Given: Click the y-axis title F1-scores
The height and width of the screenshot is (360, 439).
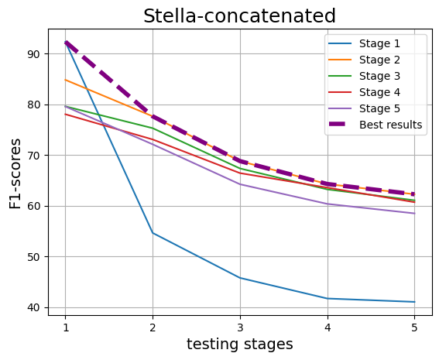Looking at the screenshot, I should pyautogui.click(x=15, y=173).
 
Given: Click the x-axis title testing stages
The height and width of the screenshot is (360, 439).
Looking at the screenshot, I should pyautogui.click(x=240, y=345).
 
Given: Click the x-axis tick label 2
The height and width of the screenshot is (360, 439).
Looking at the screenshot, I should pyautogui.click(x=153, y=327).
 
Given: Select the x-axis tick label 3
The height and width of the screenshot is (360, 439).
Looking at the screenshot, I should pyautogui.click(x=240, y=327).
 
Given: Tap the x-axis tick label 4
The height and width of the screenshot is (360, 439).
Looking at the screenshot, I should pyautogui.click(x=328, y=327).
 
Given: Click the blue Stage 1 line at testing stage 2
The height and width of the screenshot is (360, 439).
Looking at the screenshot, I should pyautogui.click(x=153, y=233).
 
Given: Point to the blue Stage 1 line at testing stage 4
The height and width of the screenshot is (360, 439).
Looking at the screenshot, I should pyautogui.click(x=328, y=298).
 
